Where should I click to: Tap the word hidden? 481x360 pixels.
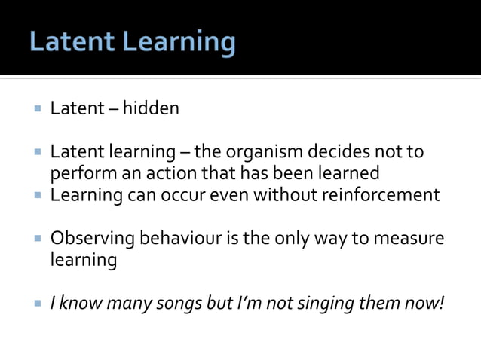[x=152, y=109]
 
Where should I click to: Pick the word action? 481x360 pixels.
[x=155, y=174]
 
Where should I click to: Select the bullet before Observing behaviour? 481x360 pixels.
[x=36, y=239]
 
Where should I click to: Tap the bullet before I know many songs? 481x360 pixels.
[x=36, y=304]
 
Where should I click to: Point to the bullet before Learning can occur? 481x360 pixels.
[x=36, y=196]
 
